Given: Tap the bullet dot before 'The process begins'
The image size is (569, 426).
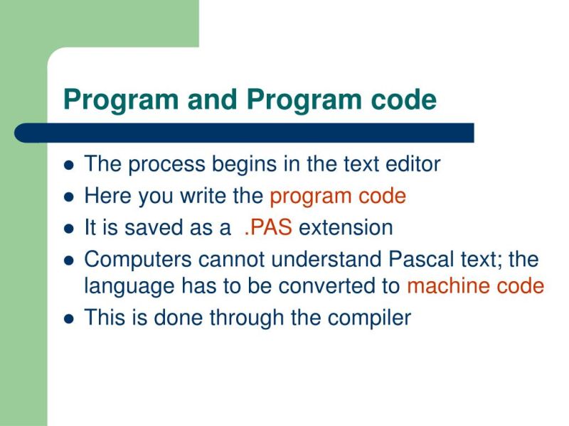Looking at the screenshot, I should (69, 165).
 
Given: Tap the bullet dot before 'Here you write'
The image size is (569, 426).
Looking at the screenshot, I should (69, 197).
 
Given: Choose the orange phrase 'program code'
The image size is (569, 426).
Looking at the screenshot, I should (338, 197).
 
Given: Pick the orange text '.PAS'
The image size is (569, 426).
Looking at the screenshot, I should (268, 228).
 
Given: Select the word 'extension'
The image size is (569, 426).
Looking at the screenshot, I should (346, 228).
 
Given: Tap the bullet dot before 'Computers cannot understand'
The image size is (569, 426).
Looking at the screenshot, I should (69, 261).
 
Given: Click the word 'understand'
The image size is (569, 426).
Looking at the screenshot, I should (320, 259).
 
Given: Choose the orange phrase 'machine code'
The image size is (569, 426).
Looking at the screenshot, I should (475, 286).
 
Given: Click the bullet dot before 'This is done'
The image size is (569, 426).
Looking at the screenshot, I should (69, 319).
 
